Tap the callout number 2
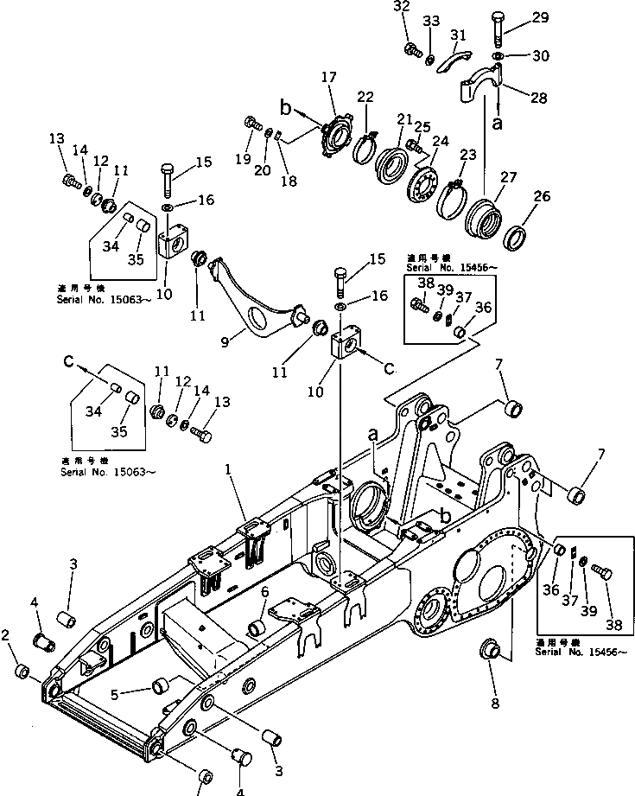pos(7,636)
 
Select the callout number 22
pos(365,98)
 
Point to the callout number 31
pos(458,35)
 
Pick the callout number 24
pos(441,142)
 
